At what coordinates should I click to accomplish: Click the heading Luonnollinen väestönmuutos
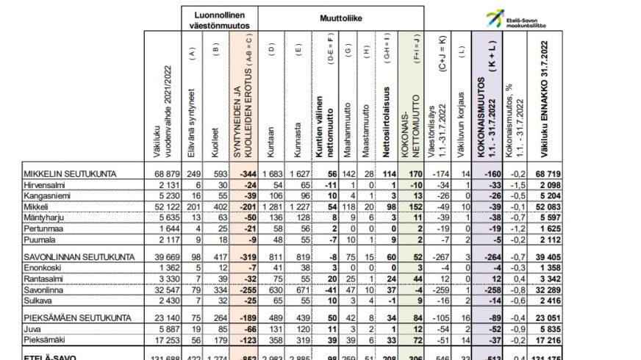coord(218,20)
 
